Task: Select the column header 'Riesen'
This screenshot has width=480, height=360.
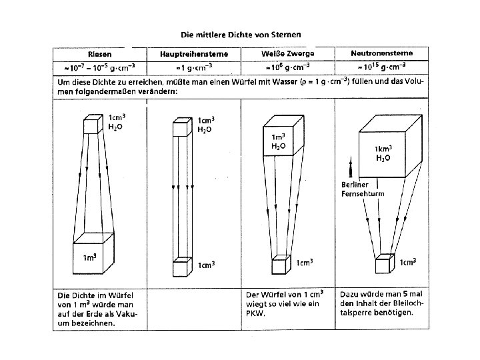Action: (99, 54)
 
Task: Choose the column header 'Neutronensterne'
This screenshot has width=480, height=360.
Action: (384, 54)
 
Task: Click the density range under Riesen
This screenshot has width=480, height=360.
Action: (99, 67)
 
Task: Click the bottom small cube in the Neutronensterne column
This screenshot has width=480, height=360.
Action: (383, 264)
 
